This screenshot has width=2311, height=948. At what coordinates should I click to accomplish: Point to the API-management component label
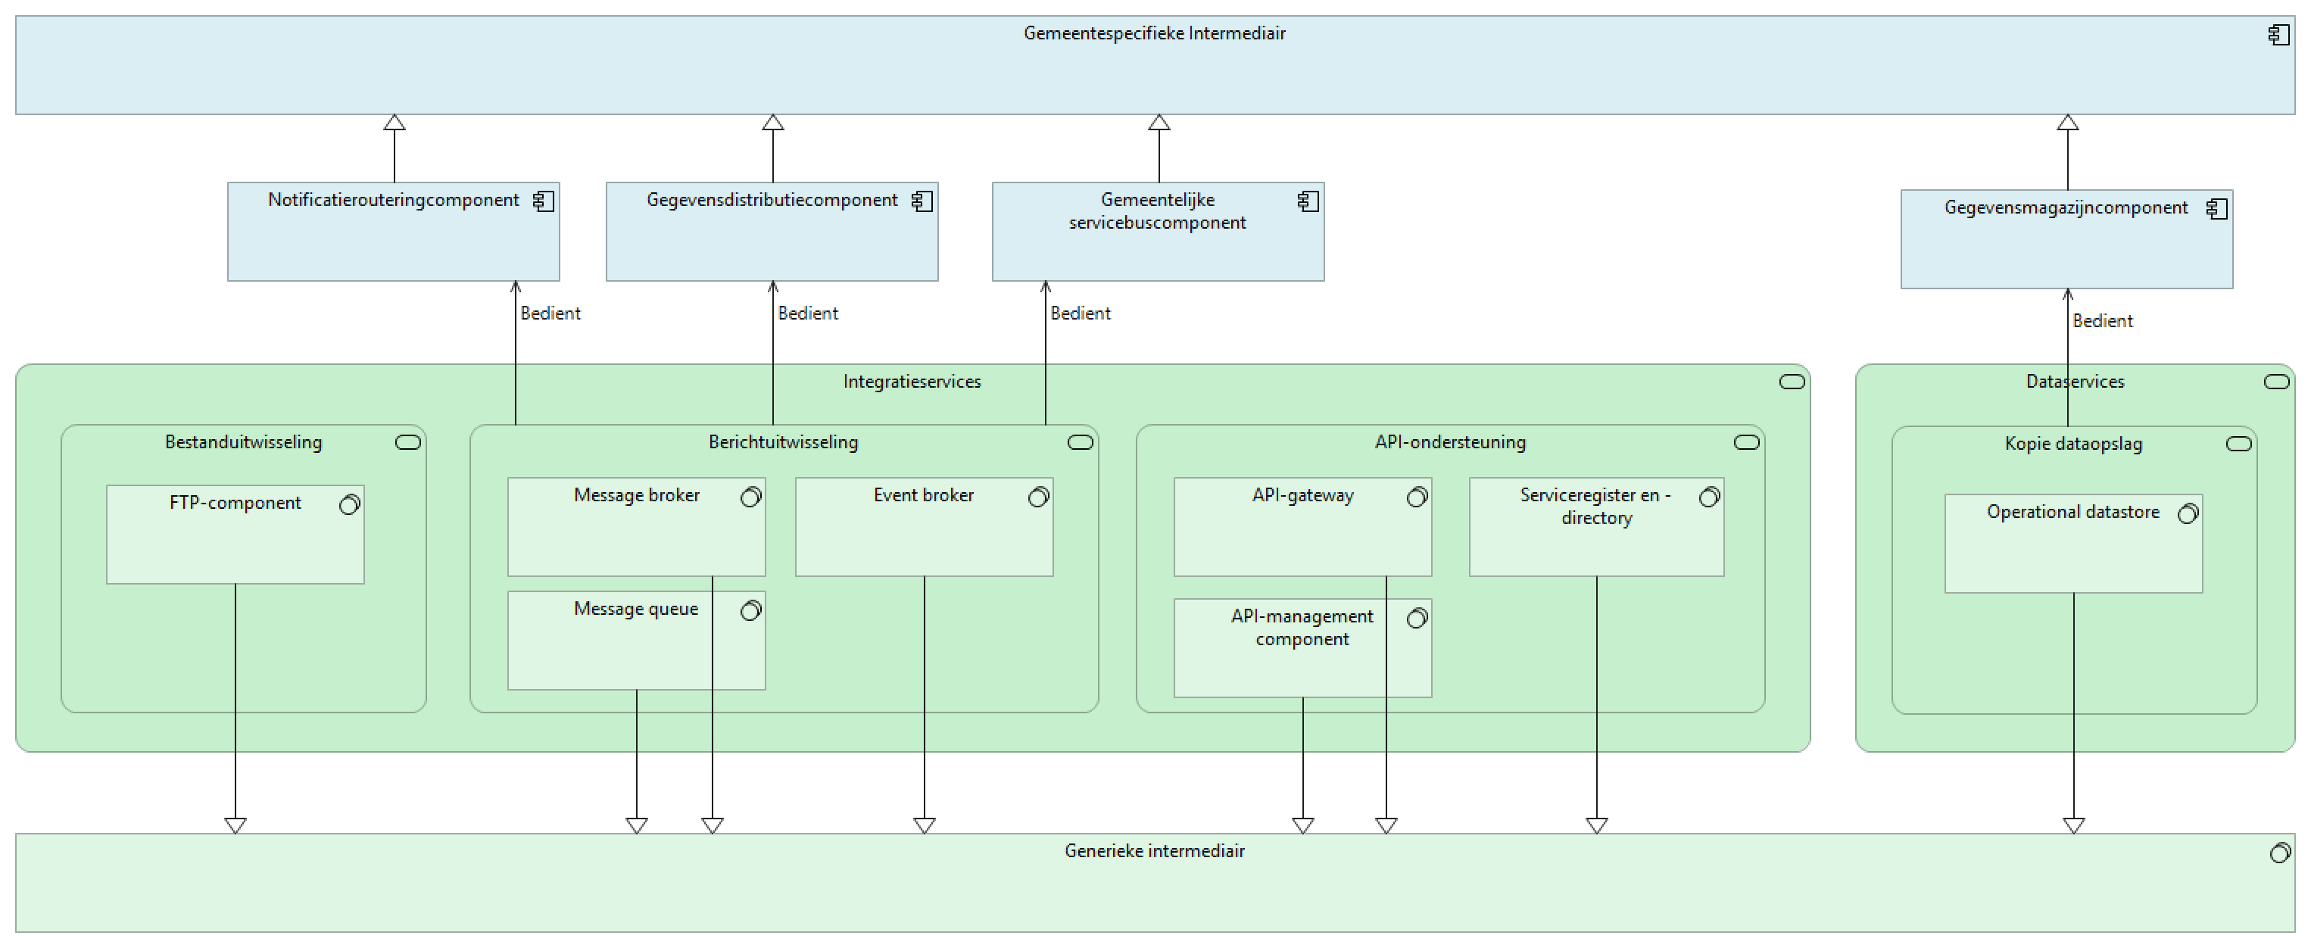point(1302,628)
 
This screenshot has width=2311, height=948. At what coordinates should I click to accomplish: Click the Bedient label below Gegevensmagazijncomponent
point(2102,321)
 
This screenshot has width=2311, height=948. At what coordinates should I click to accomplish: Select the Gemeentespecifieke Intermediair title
point(1155,34)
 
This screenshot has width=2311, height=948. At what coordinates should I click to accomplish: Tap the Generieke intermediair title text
point(1155,851)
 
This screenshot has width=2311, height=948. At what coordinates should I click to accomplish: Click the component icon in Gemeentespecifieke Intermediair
point(2278,35)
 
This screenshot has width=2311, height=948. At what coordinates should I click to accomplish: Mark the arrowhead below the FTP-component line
point(235,825)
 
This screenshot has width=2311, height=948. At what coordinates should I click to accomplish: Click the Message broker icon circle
point(751,497)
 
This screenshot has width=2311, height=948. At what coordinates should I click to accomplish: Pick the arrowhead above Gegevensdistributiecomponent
point(772,123)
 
